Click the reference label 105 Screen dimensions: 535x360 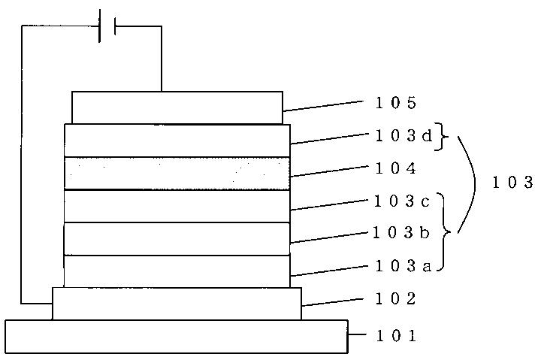pos(396,102)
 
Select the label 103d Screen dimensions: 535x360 pos(404,136)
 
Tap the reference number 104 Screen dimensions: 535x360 pos(396,168)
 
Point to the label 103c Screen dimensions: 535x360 pos(402,201)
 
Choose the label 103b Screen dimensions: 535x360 pos(400,233)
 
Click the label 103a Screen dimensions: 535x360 pos(404,265)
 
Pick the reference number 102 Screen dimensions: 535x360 pos(396,298)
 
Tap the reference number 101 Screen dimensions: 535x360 pos(396,336)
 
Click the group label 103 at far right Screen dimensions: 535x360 pos(512,182)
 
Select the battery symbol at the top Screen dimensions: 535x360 pos(107,26)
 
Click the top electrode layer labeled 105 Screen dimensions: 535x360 pos(177,107)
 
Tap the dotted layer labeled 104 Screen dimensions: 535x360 pos(177,173)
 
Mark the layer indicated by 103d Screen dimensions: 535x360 pos(177,141)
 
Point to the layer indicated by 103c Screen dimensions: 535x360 pos(177,206)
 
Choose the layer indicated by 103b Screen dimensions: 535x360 pos(177,238)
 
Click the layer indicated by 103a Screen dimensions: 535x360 pos(177,271)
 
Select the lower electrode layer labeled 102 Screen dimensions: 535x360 pos(177,304)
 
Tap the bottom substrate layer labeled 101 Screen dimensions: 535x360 pos(177,337)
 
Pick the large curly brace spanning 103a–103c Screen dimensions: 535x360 pos(445,232)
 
